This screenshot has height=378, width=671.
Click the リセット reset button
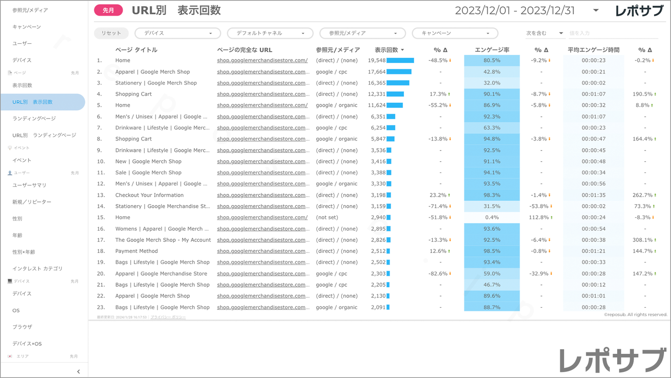coord(111,33)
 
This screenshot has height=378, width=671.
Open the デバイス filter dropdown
coord(177,33)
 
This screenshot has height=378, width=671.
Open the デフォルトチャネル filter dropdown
coord(270,33)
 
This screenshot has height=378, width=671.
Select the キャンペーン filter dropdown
coord(455,33)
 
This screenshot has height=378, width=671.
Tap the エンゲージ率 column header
coord(492,50)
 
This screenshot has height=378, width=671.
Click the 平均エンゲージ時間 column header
coord(593,50)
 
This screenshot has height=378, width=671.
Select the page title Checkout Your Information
coord(149,195)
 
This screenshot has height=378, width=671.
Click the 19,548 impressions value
coord(377,60)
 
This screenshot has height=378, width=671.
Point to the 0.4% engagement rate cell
coord(492,218)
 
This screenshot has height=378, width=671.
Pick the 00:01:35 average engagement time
coord(593,195)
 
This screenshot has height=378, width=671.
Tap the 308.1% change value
coord(642,240)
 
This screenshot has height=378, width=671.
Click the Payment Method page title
coord(137,251)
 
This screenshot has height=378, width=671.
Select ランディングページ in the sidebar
coord(34,119)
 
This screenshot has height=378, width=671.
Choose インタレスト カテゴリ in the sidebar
coord(37,268)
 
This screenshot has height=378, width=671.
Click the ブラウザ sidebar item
coord(22,327)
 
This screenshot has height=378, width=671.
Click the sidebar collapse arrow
coord(78,371)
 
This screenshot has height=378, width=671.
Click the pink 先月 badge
coord(108,10)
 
